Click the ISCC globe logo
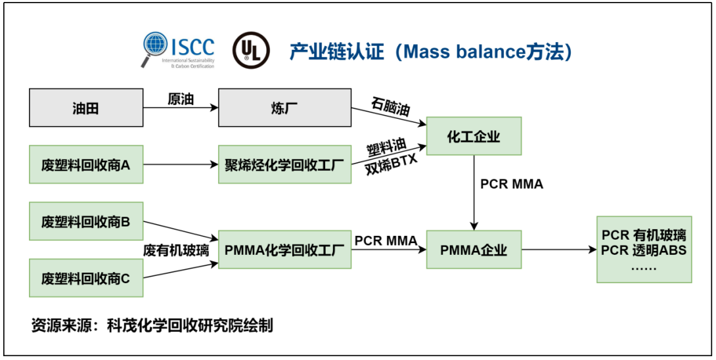[156, 47]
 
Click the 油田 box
[86, 108]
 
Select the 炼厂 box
[285, 108]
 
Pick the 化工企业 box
[474, 137]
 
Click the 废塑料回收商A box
[86, 165]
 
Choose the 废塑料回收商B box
[86, 221]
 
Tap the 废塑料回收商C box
[86, 278]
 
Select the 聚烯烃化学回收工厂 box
[285, 165]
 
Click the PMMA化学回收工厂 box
[285, 250]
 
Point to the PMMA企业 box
[474, 250]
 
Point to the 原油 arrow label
[181, 99]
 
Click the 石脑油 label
[390, 106]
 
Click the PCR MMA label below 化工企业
[512, 185]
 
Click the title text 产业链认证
[336, 52]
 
